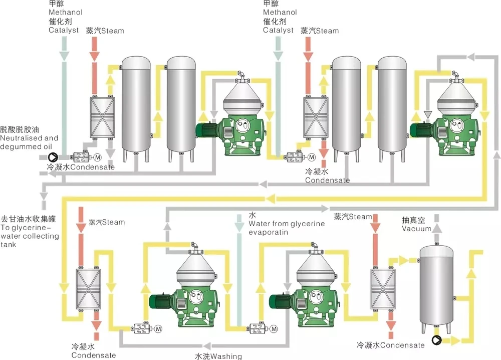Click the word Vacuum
[x=417, y=229]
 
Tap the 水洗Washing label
[x=218, y=356]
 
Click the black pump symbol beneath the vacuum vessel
[x=436, y=340]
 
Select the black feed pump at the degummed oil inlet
[x=53, y=157]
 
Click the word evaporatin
[x=269, y=233]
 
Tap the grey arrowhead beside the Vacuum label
[x=437, y=228]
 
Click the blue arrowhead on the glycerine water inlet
[x=239, y=227]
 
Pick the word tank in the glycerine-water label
[x=9, y=245]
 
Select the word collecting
[x=41, y=236]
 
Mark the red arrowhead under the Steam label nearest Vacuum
[x=375, y=228]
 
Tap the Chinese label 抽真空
[x=413, y=220]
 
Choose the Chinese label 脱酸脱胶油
[x=20, y=129]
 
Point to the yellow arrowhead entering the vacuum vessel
[x=404, y=260]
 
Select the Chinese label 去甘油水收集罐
[x=29, y=219]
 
